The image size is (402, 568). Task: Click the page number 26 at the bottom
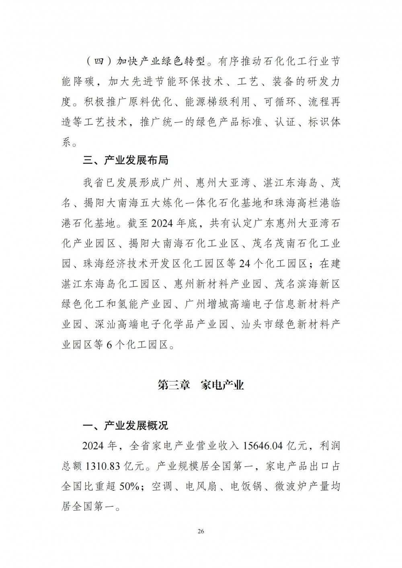click(x=201, y=531)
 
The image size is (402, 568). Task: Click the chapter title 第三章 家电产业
click(x=201, y=386)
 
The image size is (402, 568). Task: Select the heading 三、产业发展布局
click(x=125, y=161)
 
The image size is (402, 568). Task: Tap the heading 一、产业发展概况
click(x=125, y=425)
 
